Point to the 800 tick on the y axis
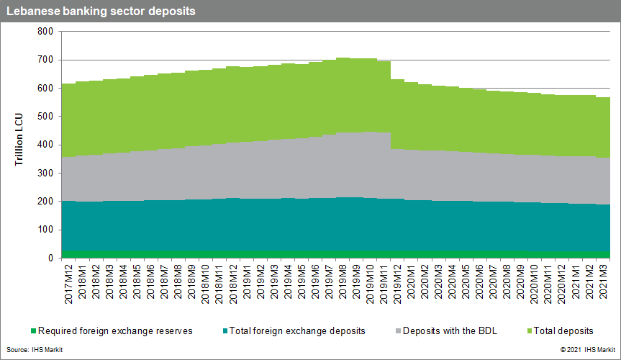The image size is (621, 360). coord(45,32)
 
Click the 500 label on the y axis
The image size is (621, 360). coord(45,117)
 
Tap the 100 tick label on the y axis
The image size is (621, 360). coord(45,230)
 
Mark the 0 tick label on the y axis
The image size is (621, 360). coord(50,258)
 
